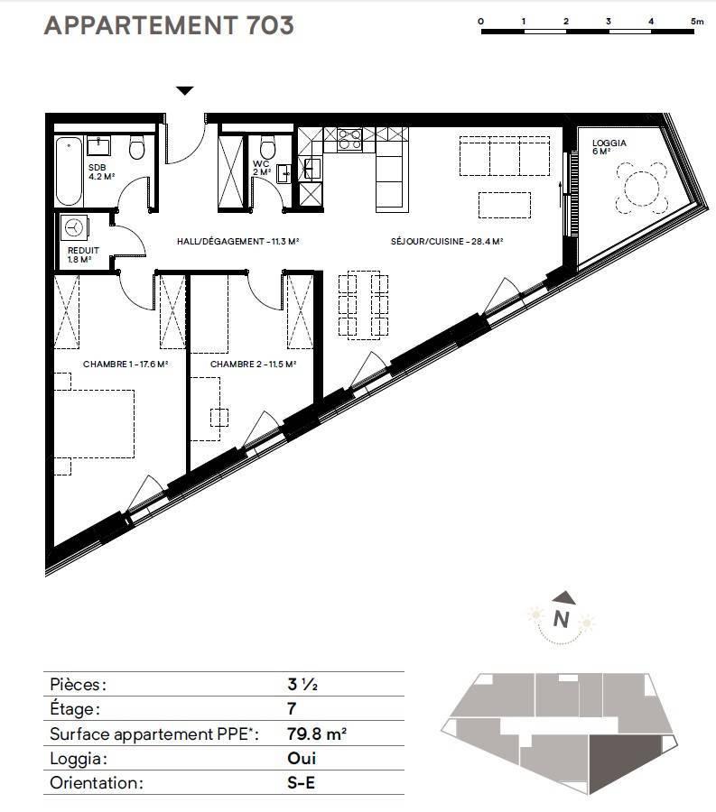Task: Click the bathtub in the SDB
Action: coord(69,171)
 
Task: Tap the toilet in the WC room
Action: coord(267,147)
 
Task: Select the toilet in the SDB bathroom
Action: coord(136,147)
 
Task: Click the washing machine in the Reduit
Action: coord(75,228)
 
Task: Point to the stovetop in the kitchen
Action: coord(349,139)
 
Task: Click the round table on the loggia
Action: coord(642,188)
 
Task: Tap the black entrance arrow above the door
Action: coord(185,90)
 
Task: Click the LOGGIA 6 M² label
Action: coord(609,146)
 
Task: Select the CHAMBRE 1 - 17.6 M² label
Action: coord(126,364)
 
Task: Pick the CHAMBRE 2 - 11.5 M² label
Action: coord(253,364)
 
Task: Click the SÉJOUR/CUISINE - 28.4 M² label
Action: coord(447,241)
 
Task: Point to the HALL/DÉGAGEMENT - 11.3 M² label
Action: coord(237,241)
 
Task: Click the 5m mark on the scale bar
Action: coord(697,22)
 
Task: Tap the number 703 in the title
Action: coord(270,25)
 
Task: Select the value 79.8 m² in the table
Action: coord(317,734)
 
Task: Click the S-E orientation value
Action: coord(301,782)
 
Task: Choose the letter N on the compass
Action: coord(561,619)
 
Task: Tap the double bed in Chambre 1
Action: coord(94,424)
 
